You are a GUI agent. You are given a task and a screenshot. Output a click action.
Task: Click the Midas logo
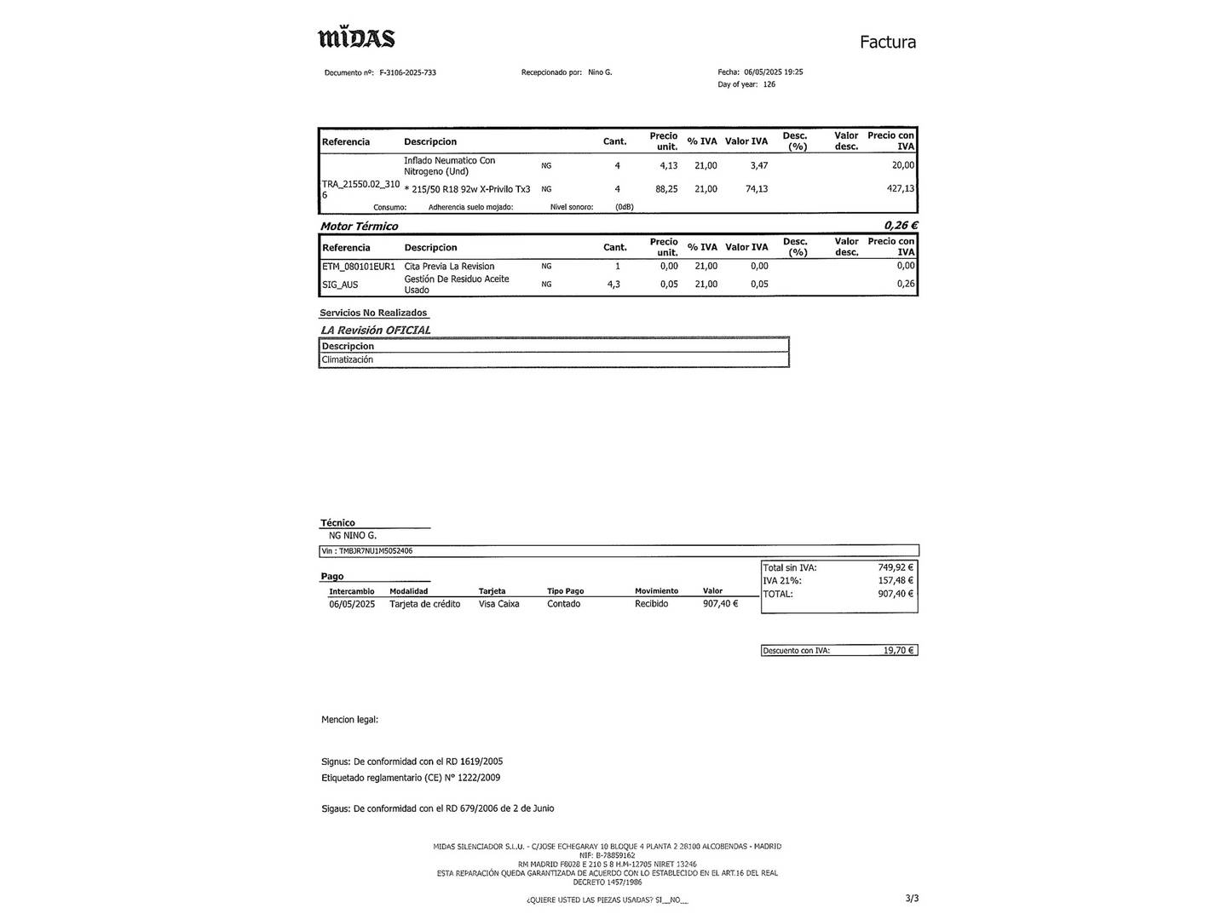point(356,38)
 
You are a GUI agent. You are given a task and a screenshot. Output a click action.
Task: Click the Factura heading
point(887,43)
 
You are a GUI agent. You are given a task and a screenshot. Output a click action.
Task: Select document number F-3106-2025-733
point(407,73)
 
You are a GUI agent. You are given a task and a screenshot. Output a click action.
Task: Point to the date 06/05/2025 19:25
point(773,72)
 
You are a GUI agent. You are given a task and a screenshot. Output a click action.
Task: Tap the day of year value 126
point(769,84)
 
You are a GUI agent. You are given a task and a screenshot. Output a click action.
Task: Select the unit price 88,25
point(666,189)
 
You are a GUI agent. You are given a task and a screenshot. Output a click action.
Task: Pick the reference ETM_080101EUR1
point(359,267)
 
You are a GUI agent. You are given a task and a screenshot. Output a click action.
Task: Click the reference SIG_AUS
point(340,285)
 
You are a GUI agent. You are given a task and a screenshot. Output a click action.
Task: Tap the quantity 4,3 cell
point(613,285)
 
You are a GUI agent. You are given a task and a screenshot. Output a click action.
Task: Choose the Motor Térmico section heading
point(359,227)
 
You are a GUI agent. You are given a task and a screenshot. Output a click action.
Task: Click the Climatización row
point(348,360)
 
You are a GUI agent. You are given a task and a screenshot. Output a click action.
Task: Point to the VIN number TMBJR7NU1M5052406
point(375,551)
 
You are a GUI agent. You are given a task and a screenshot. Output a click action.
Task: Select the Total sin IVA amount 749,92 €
point(895,567)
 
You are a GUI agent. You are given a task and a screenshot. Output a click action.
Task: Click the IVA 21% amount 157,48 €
point(895,581)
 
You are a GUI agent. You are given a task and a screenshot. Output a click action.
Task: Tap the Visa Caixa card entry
point(498,604)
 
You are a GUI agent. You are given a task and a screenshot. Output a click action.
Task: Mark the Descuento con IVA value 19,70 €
point(898,651)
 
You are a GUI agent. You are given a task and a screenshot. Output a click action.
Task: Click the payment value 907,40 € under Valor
point(720,604)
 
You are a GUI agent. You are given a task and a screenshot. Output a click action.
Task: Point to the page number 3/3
point(912,898)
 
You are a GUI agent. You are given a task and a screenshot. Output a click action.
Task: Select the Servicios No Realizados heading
point(373,313)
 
